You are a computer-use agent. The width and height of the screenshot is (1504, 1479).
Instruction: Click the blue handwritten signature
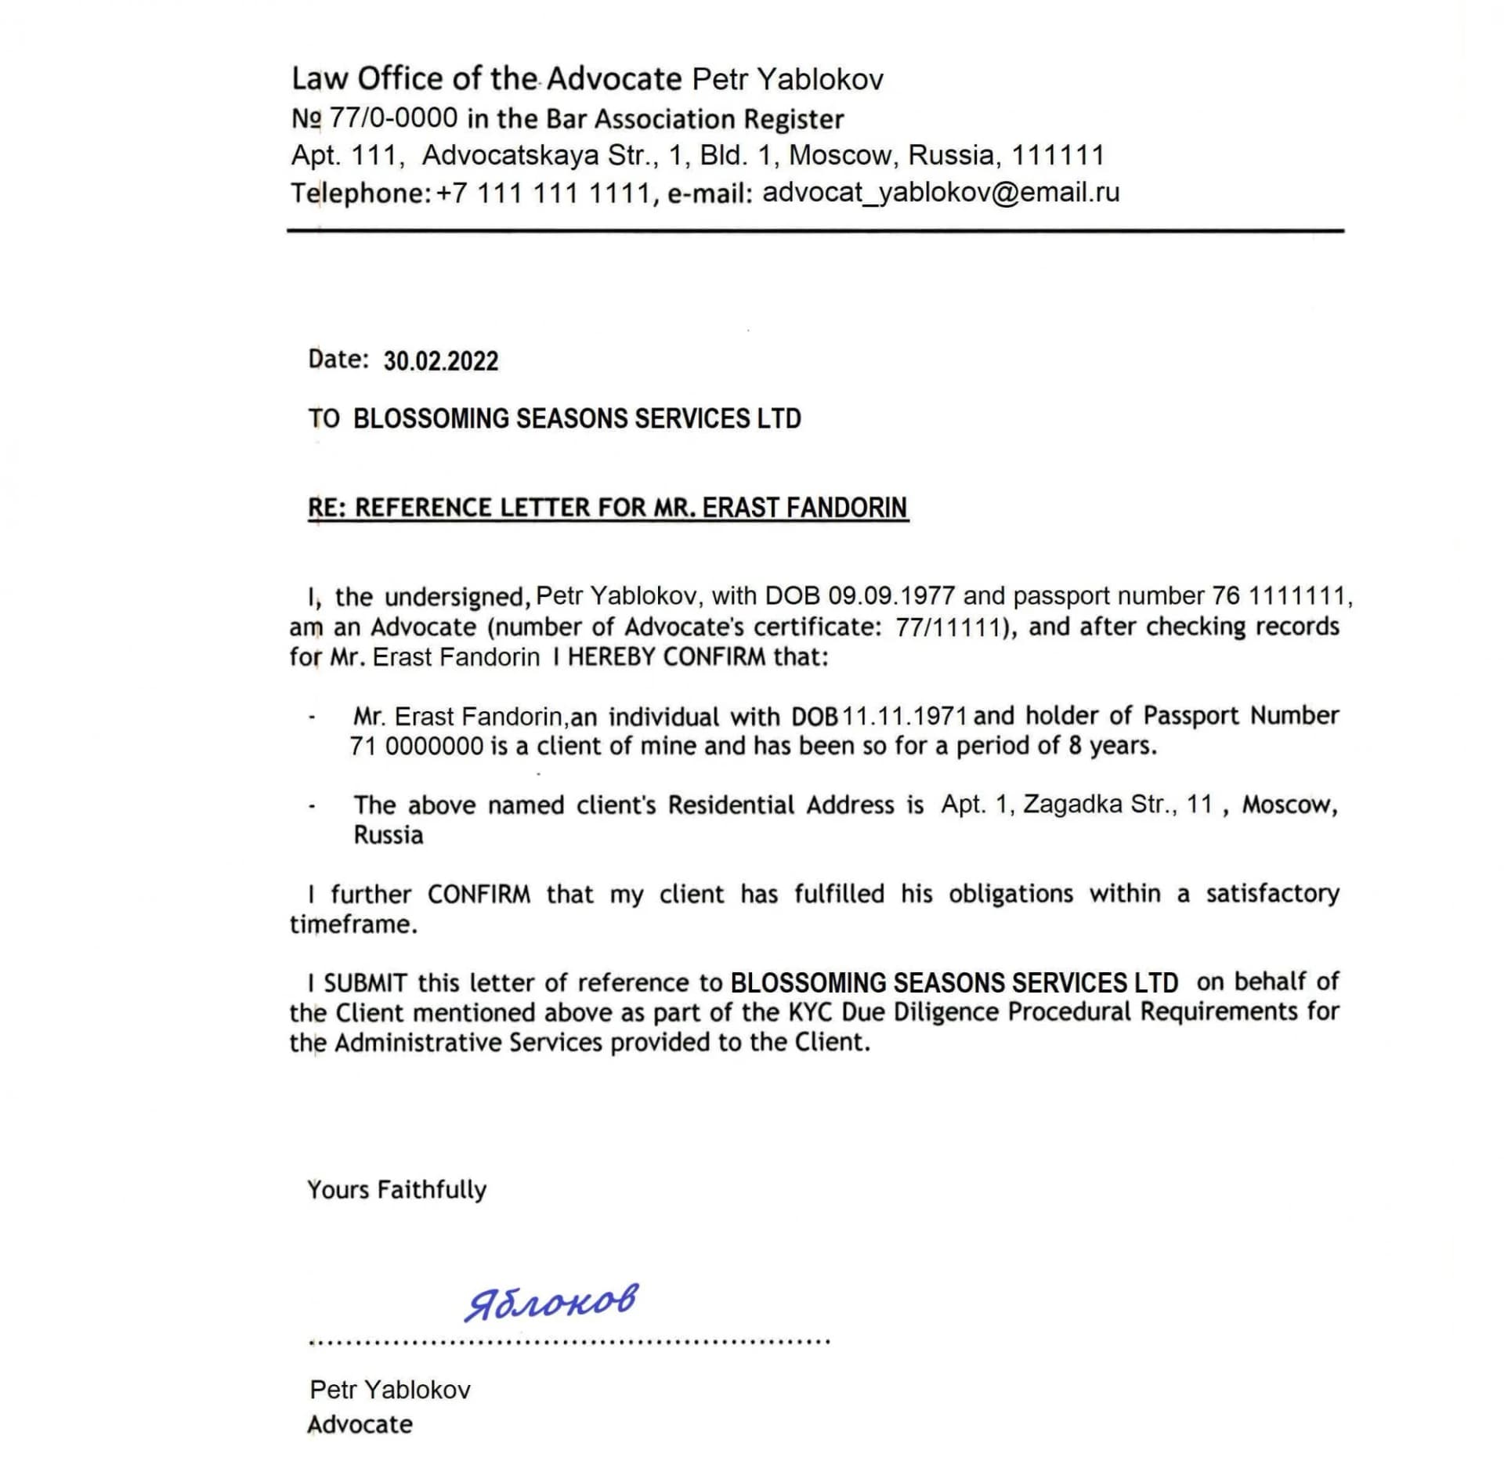[x=551, y=1302]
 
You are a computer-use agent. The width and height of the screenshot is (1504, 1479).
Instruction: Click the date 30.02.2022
[x=440, y=361]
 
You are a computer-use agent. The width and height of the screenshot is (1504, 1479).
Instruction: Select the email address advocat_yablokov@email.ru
[x=941, y=193]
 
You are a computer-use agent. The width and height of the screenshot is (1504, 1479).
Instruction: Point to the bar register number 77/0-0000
[x=393, y=119]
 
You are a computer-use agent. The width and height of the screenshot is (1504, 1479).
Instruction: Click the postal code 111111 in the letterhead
[x=1057, y=155]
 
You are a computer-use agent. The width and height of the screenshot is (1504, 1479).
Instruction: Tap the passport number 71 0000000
[x=417, y=747]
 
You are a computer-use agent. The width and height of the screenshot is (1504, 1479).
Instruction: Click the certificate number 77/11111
[x=950, y=627]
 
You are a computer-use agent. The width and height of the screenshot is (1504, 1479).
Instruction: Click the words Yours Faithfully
[x=396, y=1190]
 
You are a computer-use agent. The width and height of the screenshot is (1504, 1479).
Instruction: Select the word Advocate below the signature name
[x=360, y=1424]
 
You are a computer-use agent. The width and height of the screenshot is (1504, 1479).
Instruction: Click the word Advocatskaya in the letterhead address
[x=510, y=155]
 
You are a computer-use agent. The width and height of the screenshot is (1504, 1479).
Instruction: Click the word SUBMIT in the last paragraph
[x=365, y=983]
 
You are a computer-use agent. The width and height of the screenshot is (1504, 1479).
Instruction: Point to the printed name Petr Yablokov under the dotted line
[x=390, y=1390]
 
